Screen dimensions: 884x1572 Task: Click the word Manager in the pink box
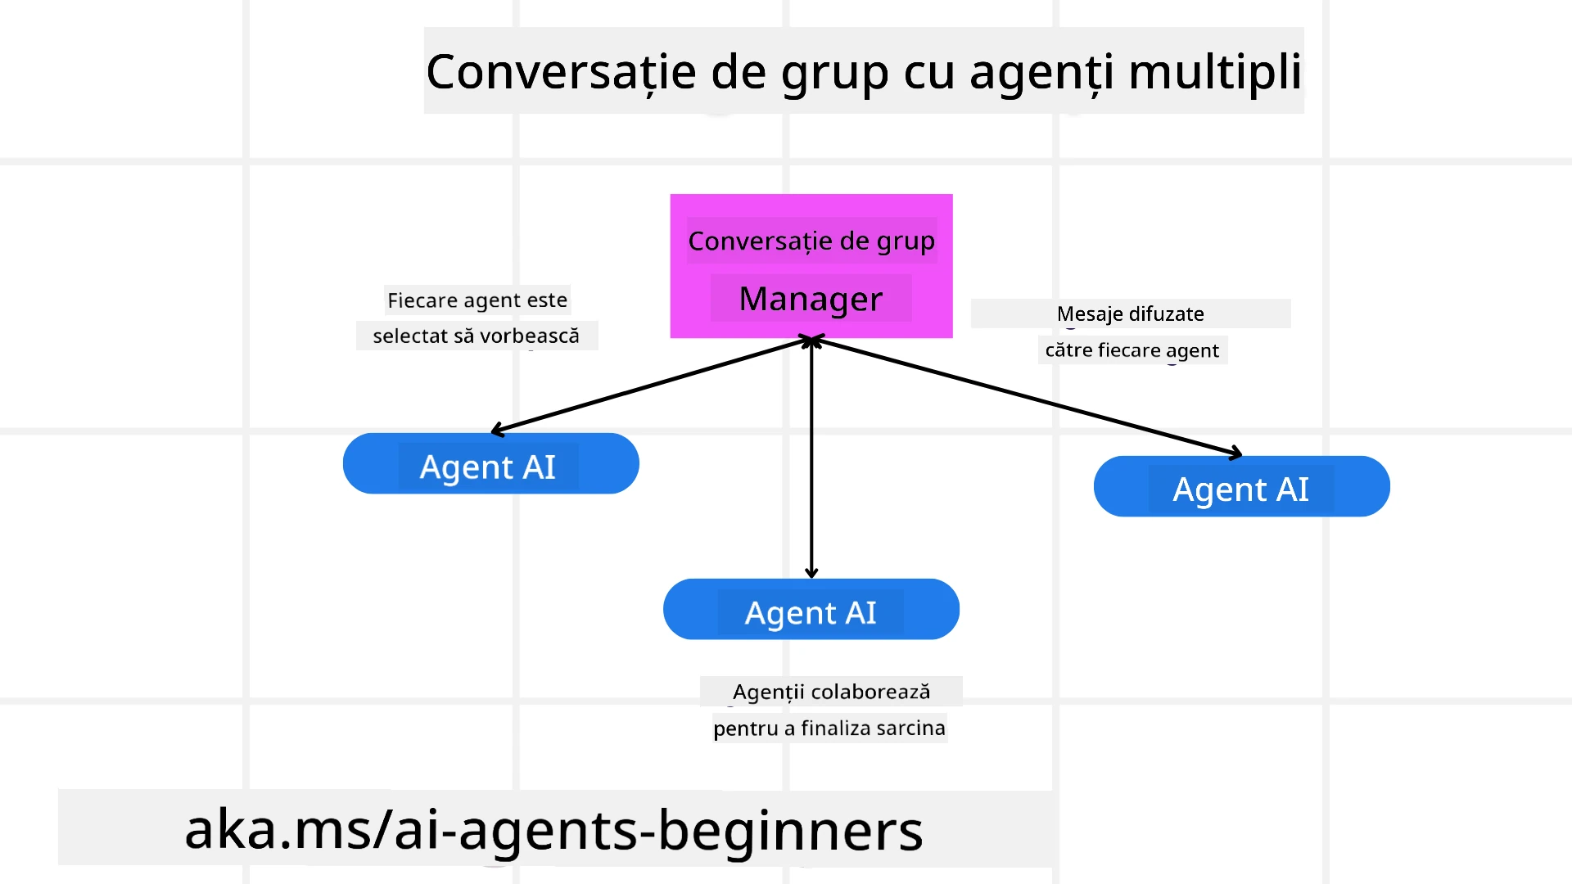point(811,299)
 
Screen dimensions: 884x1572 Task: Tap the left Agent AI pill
point(490,464)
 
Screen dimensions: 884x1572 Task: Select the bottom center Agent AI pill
point(811,610)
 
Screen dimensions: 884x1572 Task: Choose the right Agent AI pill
point(1241,487)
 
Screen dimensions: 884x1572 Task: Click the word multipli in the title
point(1215,72)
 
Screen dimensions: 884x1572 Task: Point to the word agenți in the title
point(1041,72)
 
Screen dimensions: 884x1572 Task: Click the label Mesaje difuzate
point(1130,313)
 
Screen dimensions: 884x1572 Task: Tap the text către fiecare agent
point(1132,350)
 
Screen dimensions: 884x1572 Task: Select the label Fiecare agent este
point(477,300)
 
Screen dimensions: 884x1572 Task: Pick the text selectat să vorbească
point(477,336)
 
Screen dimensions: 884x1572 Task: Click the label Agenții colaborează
point(831,692)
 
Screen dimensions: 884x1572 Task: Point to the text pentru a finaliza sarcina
point(829,728)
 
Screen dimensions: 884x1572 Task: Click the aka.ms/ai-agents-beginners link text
point(553,829)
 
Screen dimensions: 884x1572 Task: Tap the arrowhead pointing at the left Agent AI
point(495,430)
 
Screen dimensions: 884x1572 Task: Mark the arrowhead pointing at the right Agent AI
point(1236,453)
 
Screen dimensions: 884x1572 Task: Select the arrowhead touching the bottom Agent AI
point(811,573)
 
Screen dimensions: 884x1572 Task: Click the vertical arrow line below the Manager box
point(811,458)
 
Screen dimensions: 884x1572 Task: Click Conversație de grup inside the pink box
point(811,241)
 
